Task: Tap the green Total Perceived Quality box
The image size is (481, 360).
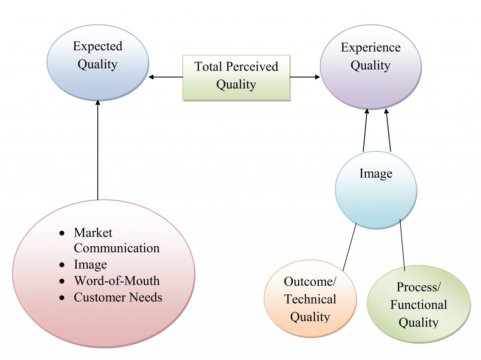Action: coord(236,76)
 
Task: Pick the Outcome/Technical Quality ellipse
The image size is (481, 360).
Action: coord(310,299)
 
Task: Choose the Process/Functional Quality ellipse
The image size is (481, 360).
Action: coord(418,305)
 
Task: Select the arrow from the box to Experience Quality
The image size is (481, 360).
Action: coord(305,77)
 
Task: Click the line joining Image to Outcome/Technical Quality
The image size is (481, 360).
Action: coord(349,247)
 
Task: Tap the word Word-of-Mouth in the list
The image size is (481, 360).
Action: coord(116,281)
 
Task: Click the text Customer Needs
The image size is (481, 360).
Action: coord(118,297)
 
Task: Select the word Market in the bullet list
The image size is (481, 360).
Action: coord(93,233)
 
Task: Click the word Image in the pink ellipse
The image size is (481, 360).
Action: coord(90,265)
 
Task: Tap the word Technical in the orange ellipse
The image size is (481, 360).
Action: coord(310,299)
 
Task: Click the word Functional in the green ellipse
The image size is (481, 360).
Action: coord(418,305)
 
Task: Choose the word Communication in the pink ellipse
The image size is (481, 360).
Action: coord(116,248)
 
